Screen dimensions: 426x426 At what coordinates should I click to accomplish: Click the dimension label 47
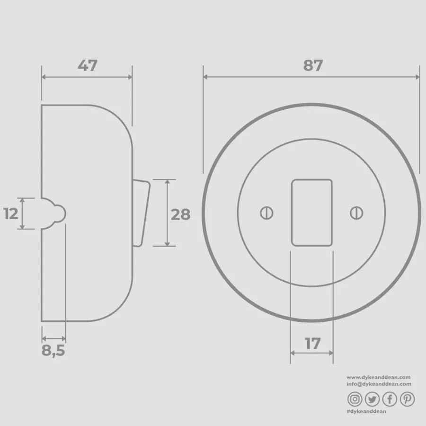(87, 65)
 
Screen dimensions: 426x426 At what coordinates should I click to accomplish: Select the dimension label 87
(313, 65)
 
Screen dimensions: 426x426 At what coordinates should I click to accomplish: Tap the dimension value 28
(181, 214)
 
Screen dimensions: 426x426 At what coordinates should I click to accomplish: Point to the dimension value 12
(10, 213)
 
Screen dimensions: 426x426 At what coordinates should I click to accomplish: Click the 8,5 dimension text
(53, 350)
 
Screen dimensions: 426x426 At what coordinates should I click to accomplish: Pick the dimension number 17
(312, 344)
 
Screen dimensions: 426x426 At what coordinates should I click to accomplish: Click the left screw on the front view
(266, 213)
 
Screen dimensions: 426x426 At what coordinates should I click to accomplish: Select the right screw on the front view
(356, 213)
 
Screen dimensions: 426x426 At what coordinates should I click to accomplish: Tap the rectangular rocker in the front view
(311, 213)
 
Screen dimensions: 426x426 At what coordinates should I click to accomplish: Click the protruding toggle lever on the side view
(141, 213)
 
